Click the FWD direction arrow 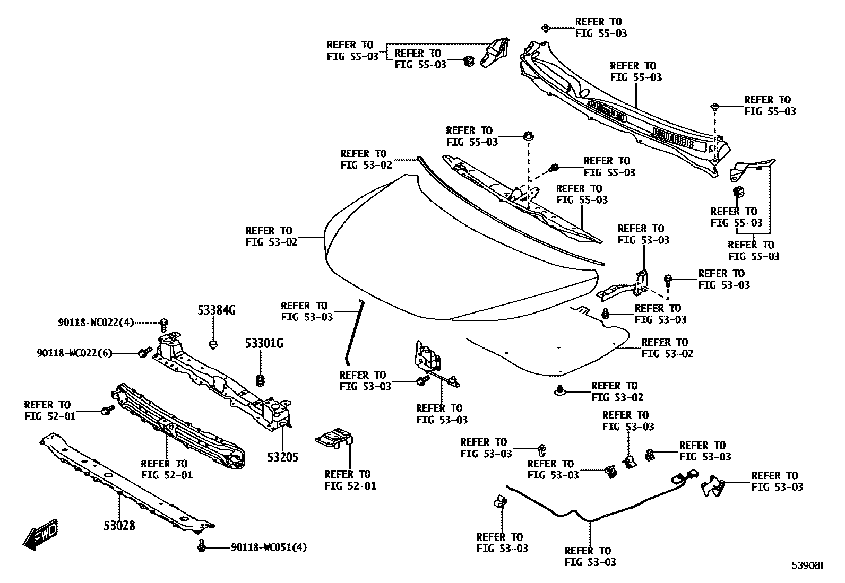[40, 533]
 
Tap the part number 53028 [119, 526]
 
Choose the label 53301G [264, 344]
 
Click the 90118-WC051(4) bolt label [269, 547]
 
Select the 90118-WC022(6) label [74, 353]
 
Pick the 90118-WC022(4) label [96, 322]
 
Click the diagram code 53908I [807, 565]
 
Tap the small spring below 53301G [261, 380]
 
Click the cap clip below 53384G [213, 345]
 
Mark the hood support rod [353, 332]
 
